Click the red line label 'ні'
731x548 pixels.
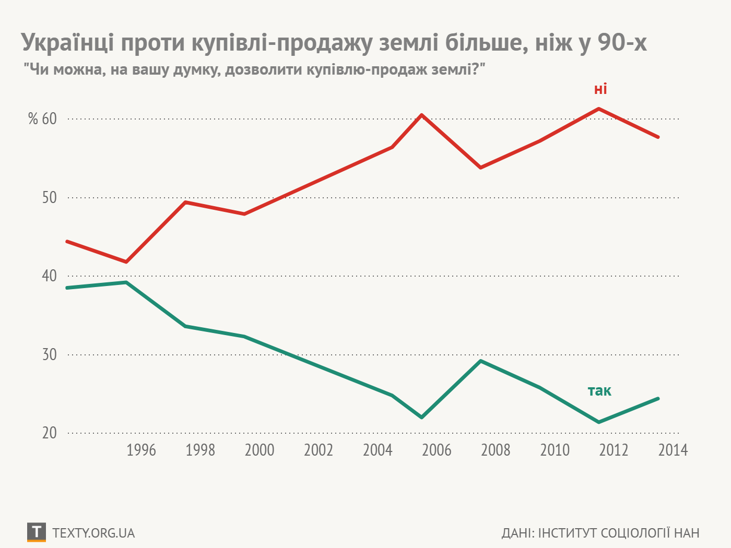600,89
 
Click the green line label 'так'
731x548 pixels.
599,391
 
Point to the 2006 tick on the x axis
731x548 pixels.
437,450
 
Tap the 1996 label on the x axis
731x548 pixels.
141,450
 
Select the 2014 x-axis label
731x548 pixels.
673,450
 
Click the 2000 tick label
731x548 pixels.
260,450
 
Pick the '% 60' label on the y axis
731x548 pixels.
42,119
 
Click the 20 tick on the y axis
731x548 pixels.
49,433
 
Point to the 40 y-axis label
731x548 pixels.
49,276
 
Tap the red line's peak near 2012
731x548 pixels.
598,109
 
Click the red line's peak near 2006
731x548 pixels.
421,115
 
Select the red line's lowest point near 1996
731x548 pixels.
126,261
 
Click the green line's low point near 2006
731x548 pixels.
421,418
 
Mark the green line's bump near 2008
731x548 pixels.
480,361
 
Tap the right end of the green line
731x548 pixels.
658,399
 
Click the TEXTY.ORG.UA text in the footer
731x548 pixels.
94,533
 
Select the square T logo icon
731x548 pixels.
36,532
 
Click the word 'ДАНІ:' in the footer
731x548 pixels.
517,533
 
